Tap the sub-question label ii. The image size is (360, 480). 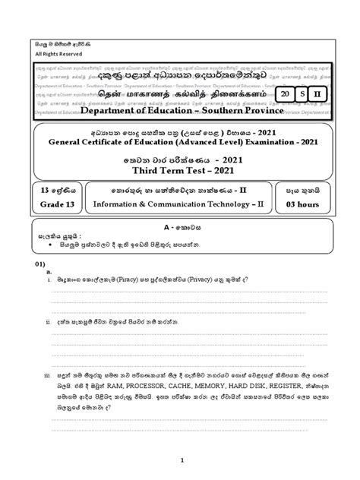[48, 343]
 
